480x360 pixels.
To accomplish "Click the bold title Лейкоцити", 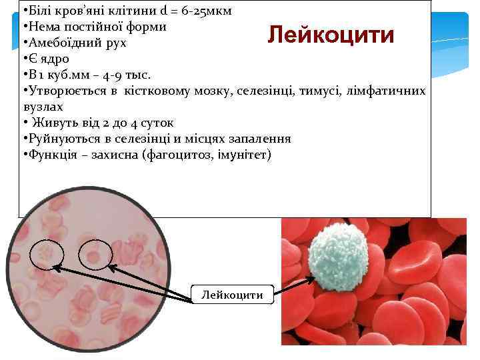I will [x=331, y=35].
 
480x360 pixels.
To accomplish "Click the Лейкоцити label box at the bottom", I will [x=232, y=294].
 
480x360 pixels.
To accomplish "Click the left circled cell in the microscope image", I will [x=47, y=254].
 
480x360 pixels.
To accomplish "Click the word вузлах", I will [x=43, y=106].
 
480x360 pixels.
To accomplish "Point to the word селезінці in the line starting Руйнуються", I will [x=143, y=139].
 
